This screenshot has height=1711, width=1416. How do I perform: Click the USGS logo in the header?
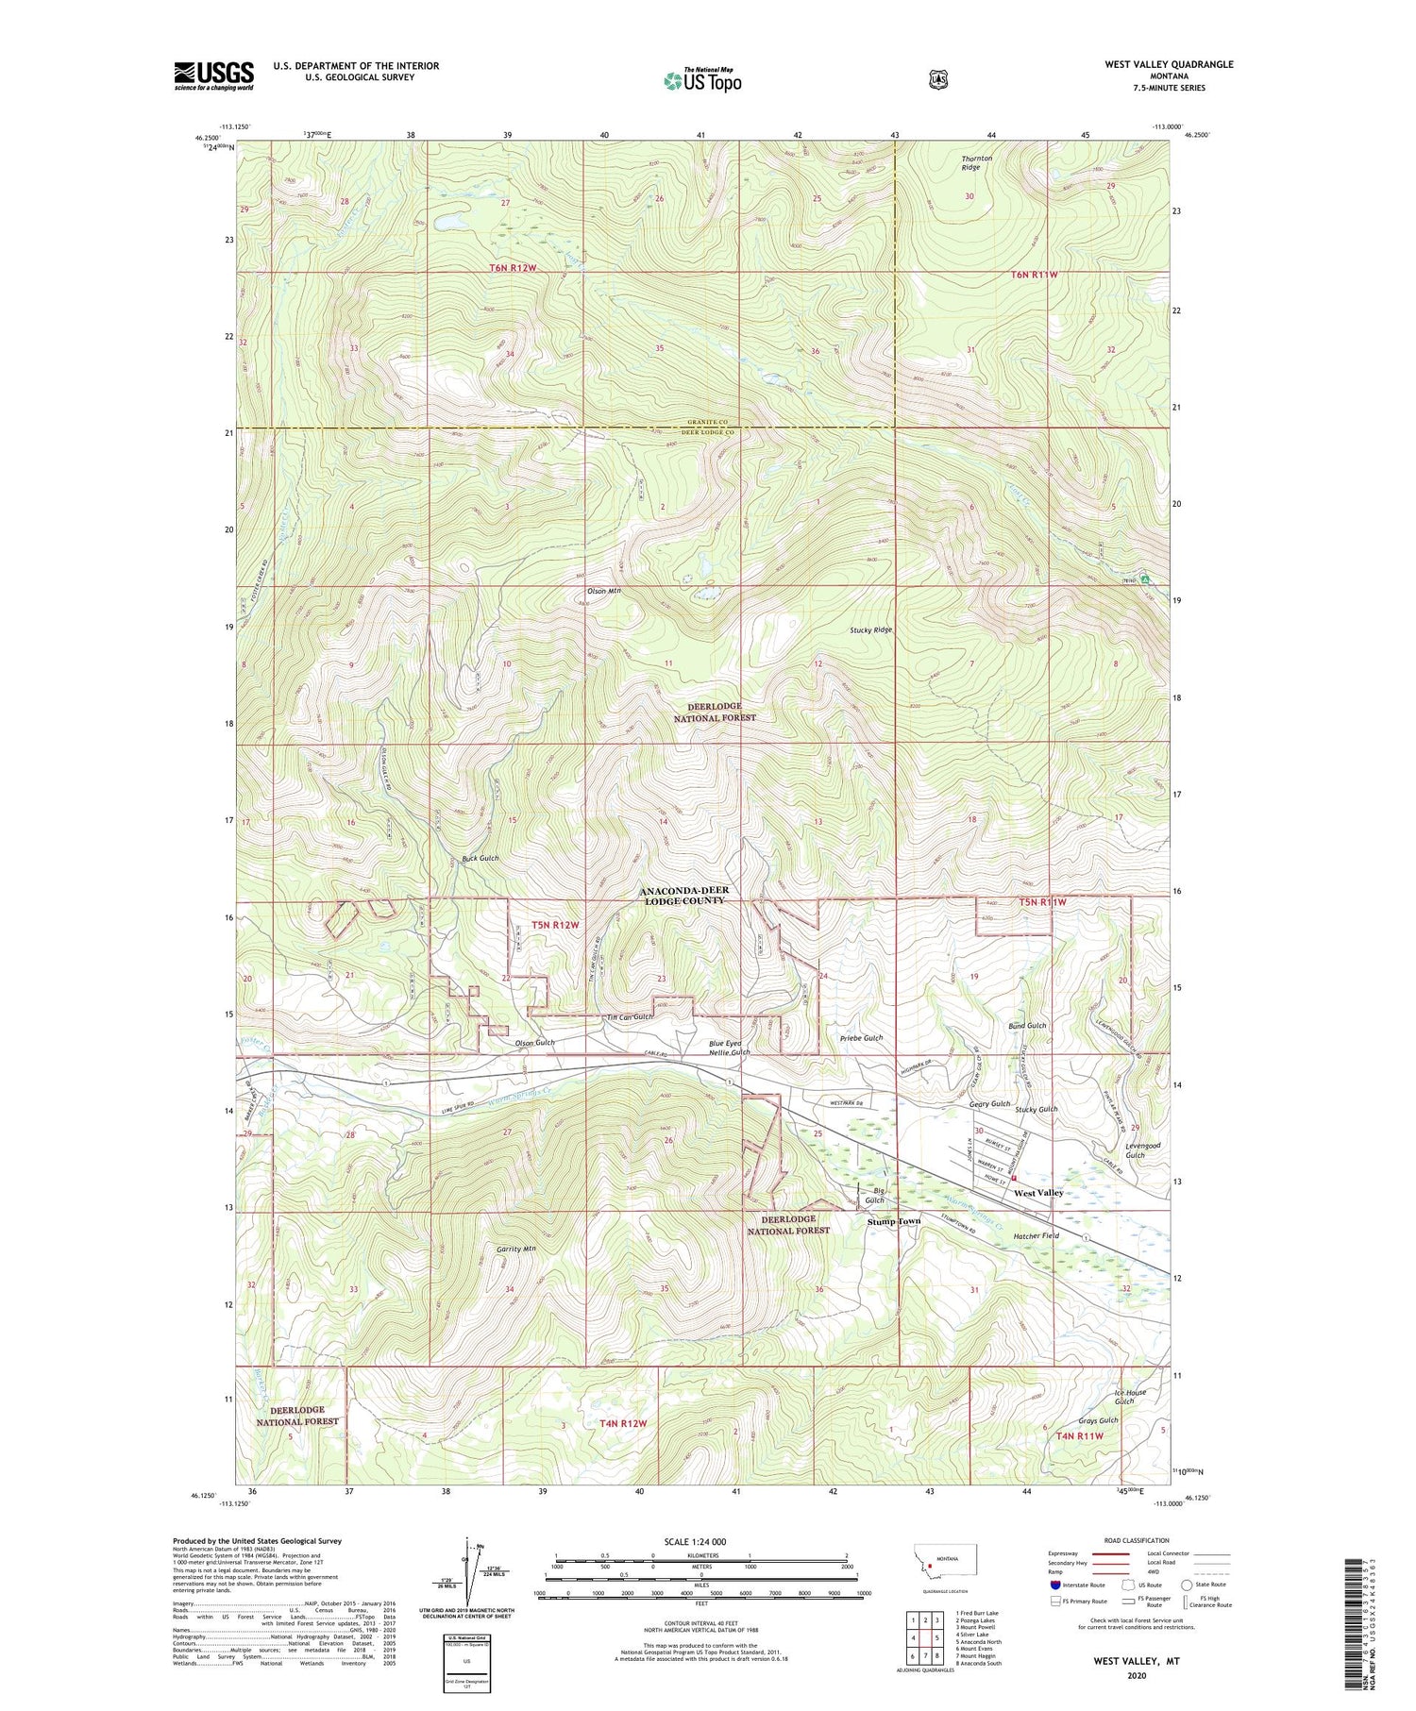pyautogui.click(x=213, y=75)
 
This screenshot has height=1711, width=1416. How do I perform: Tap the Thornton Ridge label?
pyautogui.click(x=977, y=163)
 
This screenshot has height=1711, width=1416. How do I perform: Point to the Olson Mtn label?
pyautogui.click(x=604, y=591)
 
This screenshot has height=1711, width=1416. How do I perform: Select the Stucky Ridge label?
pyautogui.click(x=870, y=629)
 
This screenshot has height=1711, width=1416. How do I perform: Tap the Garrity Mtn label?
pyautogui.click(x=516, y=1249)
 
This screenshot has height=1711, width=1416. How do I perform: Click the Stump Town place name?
pyautogui.click(x=894, y=1221)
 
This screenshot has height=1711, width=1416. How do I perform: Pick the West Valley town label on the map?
pyautogui.click(x=1038, y=1193)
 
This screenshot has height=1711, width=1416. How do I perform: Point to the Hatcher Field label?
pyautogui.click(x=1037, y=1235)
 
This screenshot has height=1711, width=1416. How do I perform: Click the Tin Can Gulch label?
pyautogui.click(x=629, y=1017)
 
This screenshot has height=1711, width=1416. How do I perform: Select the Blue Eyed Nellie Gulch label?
pyautogui.click(x=730, y=1048)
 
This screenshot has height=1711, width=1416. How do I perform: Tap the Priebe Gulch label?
pyautogui.click(x=861, y=1038)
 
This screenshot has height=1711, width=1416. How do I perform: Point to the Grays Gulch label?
pyautogui.click(x=1098, y=1420)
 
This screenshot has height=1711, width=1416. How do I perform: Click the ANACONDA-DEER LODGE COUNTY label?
pyautogui.click(x=683, y=896)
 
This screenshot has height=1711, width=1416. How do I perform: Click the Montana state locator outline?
pyautogui.click(x=944, y=1565)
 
